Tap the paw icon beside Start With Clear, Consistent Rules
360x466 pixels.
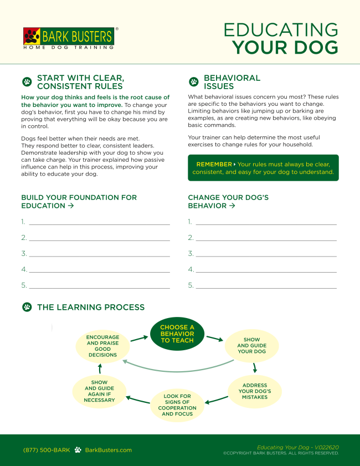tap(27, 82)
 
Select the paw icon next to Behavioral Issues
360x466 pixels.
tap(193, 82)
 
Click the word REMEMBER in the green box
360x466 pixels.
tap(214, 165)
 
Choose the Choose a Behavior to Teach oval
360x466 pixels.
tap(177, 334)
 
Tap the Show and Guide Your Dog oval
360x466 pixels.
tap(252, 345)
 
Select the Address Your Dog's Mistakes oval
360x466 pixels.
tap(255, 391)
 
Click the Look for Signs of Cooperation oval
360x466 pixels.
tap(177, 405)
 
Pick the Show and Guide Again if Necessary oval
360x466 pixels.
tap(100, 391)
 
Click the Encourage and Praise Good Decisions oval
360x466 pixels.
tap(102, 346)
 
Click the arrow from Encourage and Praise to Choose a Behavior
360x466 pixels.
tap(139, 337)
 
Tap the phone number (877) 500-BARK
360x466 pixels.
tap(47, 450)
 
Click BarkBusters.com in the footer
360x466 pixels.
tap(109, 450)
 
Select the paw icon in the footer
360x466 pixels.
tap(78, 450)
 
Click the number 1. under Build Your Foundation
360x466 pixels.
tap(24, 222)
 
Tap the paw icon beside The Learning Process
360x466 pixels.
tap(27, 307)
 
